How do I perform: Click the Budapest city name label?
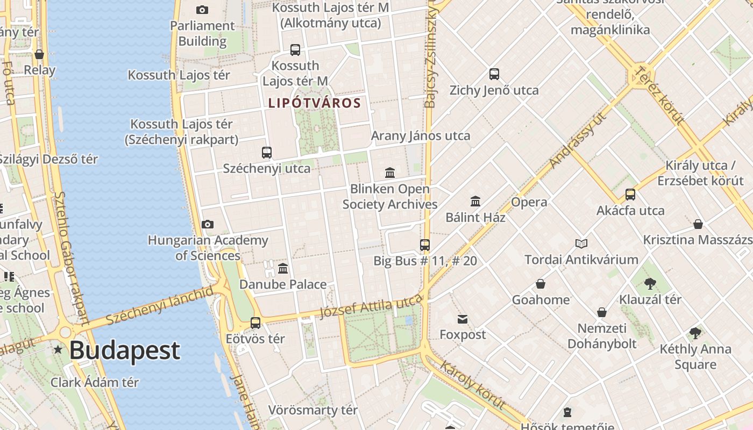click(124, 350)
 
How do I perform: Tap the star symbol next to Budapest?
click(58, 350)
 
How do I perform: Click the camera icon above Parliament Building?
click(202, 10)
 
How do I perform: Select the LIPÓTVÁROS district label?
click(314, 103)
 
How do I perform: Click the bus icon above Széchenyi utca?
click(267, 152)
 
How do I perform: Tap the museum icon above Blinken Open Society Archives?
click(390, 173)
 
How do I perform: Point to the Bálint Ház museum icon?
click(475, 201)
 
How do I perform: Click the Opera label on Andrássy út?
click(529, 202)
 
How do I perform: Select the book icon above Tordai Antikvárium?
click(581, 243)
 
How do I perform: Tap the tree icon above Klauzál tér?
click(650, 283)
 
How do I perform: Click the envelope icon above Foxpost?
click(463, 319)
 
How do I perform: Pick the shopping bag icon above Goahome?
click(541, 284)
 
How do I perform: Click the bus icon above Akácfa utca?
click(630, 194)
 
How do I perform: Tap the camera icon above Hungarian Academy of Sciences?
click(208, 224)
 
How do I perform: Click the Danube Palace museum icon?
click(283, 268)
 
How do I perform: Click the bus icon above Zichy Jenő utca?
click(494, 74)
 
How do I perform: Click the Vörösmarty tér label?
click(313, 410)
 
